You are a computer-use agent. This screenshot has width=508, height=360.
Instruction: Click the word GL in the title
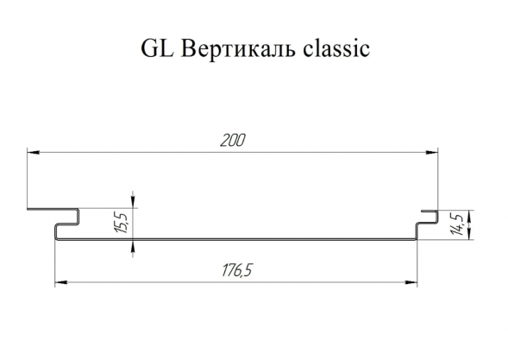[x=158, y=48]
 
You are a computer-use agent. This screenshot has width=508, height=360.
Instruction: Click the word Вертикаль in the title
[x=238, y=48]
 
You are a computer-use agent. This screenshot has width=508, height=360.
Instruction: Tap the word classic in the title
[x=336, y=48]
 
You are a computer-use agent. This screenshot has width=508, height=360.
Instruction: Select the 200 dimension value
[x=233, y=141]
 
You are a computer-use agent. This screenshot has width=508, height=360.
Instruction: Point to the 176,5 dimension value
[x=237, y=270]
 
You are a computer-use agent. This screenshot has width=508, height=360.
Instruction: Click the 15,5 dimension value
[x=122, y=222]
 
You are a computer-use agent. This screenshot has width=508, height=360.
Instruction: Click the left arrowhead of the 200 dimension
[x=34, y=152]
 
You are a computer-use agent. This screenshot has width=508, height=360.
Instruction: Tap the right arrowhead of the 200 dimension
[x=431, y=152]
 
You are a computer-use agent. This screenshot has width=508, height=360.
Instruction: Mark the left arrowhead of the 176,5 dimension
[x=61, y=283]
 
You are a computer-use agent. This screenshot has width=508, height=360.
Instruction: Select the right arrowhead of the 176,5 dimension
[x=411, y=283]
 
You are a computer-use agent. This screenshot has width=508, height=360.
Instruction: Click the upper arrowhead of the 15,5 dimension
[x=133, y=202]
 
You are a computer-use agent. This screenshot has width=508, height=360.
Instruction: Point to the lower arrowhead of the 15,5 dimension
[x=133, y=247]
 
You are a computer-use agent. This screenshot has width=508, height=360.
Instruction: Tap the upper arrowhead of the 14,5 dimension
[x=469, y=217]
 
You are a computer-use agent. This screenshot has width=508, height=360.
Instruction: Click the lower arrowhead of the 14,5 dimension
[x=469, y=234]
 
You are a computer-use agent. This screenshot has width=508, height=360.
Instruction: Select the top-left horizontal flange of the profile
[x=52, y=209]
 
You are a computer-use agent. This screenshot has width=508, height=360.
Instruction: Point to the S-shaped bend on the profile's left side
[x=66, y=224]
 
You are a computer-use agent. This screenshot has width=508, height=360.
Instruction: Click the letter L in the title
[x=167, y=48]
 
